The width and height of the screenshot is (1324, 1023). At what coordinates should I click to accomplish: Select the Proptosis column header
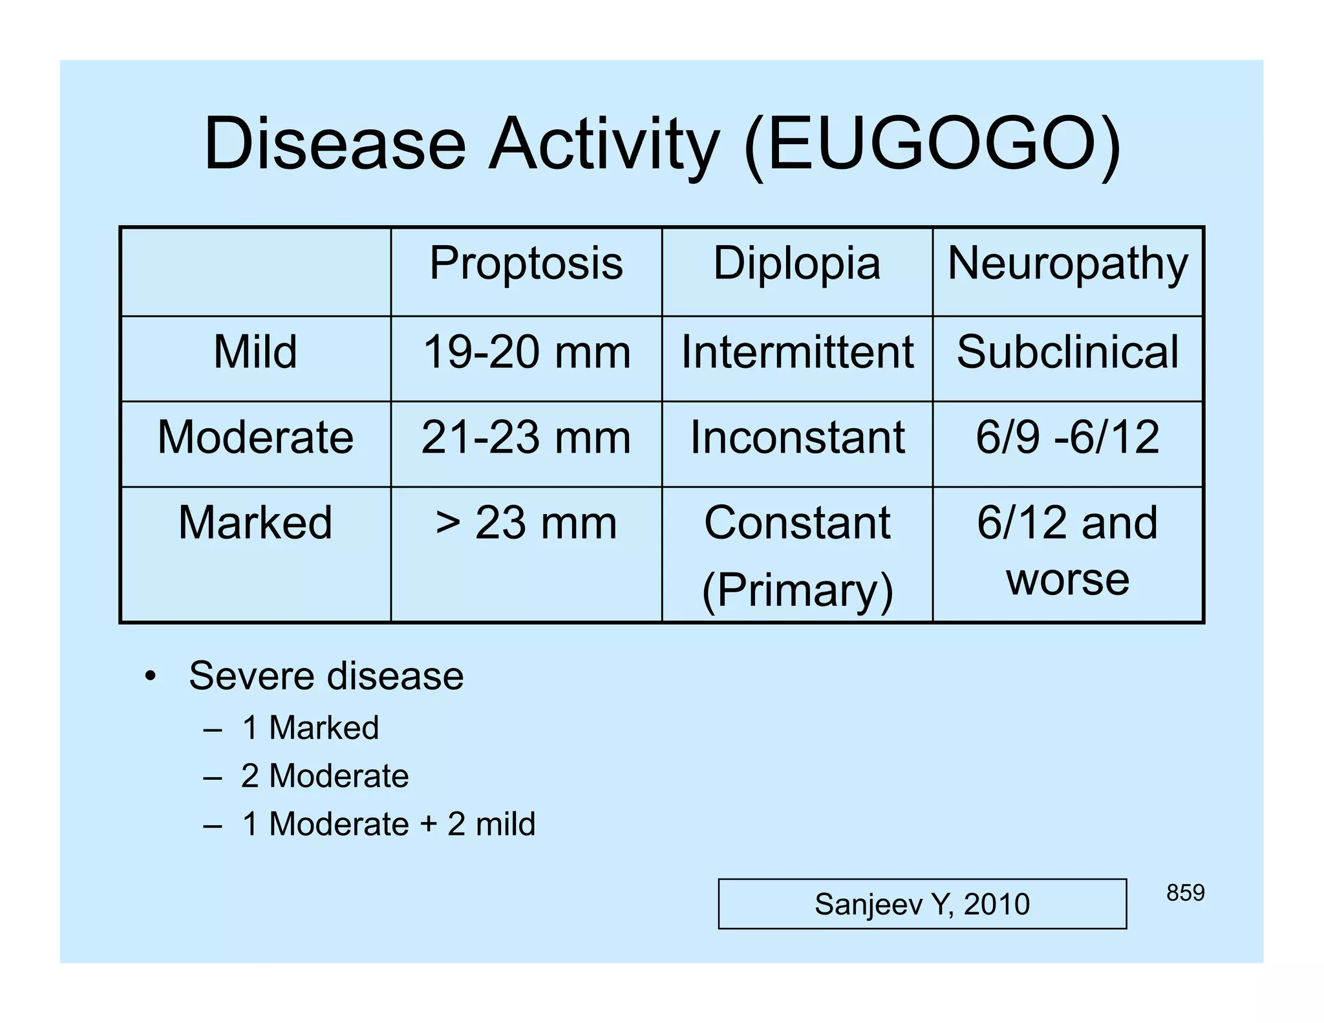coord(526,264)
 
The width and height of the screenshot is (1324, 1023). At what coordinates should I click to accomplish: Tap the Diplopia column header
coord(796,264)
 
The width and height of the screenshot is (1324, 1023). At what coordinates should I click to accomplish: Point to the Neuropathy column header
coord(1067,264)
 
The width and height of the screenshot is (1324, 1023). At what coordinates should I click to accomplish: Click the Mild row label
coord(255,352)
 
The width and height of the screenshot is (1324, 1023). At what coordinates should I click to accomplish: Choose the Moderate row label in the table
coord(255,438)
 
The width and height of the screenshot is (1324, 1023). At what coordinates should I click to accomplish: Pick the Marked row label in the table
coord(255,522)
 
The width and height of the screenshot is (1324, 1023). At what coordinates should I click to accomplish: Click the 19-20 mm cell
coord(526,352)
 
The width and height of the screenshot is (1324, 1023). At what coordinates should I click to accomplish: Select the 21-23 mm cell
coord(526,438)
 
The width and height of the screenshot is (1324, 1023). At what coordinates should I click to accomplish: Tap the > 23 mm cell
coord(526,522)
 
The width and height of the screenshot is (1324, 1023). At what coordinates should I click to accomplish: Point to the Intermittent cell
coord(797,352)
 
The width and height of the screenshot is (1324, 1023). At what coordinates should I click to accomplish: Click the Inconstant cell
coord(797,438)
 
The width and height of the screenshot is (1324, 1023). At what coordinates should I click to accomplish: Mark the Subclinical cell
coord(1067,352)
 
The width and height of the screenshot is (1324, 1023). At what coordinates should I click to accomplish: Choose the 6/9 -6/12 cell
coord(1067,438)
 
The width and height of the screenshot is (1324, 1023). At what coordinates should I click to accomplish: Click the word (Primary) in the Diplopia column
coord(797,590)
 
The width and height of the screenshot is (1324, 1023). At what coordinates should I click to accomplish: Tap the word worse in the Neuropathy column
coord(1067,579)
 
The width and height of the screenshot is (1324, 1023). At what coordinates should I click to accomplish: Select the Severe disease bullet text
coord(326,676)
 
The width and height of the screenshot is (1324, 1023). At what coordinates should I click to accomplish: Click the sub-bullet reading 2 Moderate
coord(325,776)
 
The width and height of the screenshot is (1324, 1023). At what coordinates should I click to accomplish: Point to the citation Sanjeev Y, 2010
coord(922,904)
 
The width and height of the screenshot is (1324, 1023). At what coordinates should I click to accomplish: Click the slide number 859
coord(1185,893)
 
